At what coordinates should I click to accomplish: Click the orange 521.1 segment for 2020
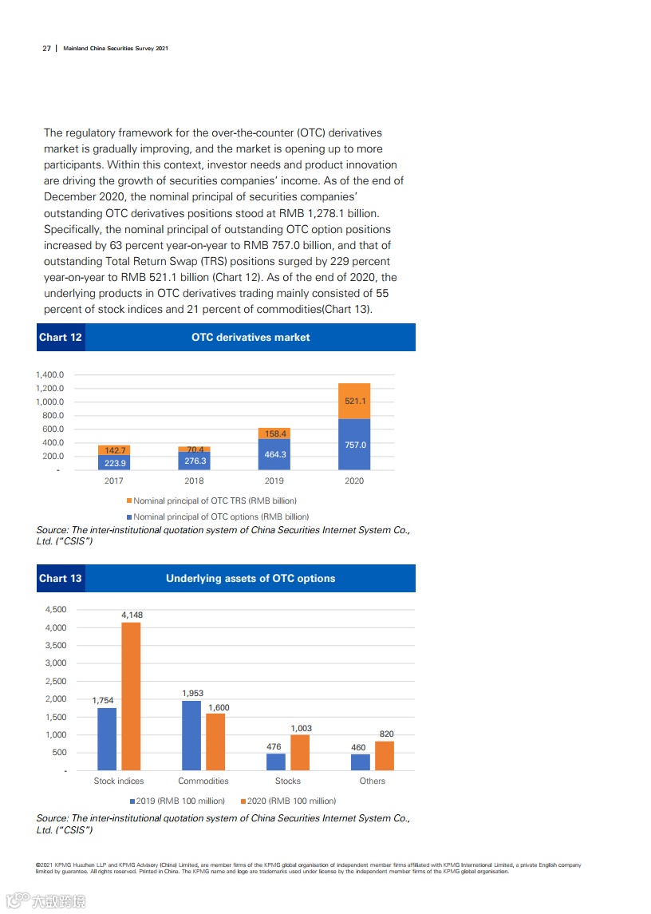(354, 402)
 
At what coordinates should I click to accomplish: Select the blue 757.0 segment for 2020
(354, 445)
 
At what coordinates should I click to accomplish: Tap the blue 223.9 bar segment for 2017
(114, 462)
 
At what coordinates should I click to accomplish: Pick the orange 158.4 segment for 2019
(274, 433)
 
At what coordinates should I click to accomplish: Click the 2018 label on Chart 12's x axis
(194, 481)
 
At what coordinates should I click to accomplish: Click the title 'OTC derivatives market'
(251, 337)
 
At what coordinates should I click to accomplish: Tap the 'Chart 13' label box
(61, 578)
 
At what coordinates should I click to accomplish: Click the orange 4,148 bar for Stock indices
(131, 696)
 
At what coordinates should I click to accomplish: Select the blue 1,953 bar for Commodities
(191, 735)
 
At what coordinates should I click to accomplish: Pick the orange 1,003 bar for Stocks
(300, 752)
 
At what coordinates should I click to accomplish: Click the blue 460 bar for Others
(361, 762)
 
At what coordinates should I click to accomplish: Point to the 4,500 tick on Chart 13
(55, 610)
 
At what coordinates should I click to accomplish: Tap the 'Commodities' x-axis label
(203, 781)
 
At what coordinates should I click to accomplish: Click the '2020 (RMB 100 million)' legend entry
(286, 800)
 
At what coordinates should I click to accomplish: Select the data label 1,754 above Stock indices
(103, 701)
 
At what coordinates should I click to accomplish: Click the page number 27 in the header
(46, 49)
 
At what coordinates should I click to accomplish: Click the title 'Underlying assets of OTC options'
(251, 578)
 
